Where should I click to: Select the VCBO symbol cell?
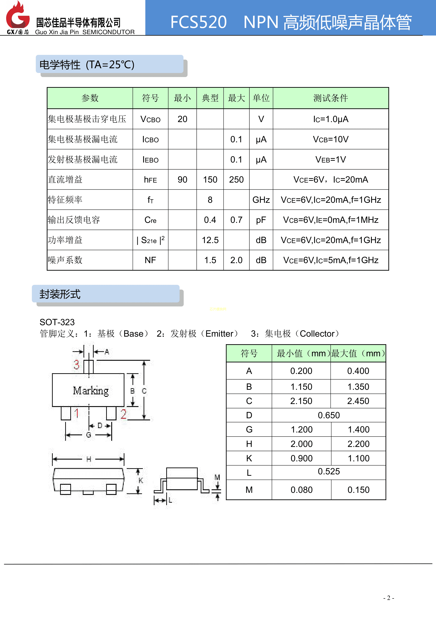click(x=150, y=119)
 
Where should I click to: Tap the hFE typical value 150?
click(x=210, y=180)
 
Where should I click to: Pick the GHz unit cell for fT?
click(x=261, y=200)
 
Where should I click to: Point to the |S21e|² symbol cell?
click(x=150, y=240)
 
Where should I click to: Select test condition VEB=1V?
click(x=331, y=159)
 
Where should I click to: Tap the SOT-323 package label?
click(x=57, y=322)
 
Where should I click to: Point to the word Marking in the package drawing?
click(x=91, y=390)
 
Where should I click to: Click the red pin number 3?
click(x=76, y=365)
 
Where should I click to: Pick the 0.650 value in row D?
click(x=329, y=415)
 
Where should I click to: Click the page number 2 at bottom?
click(x=389, y=598)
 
